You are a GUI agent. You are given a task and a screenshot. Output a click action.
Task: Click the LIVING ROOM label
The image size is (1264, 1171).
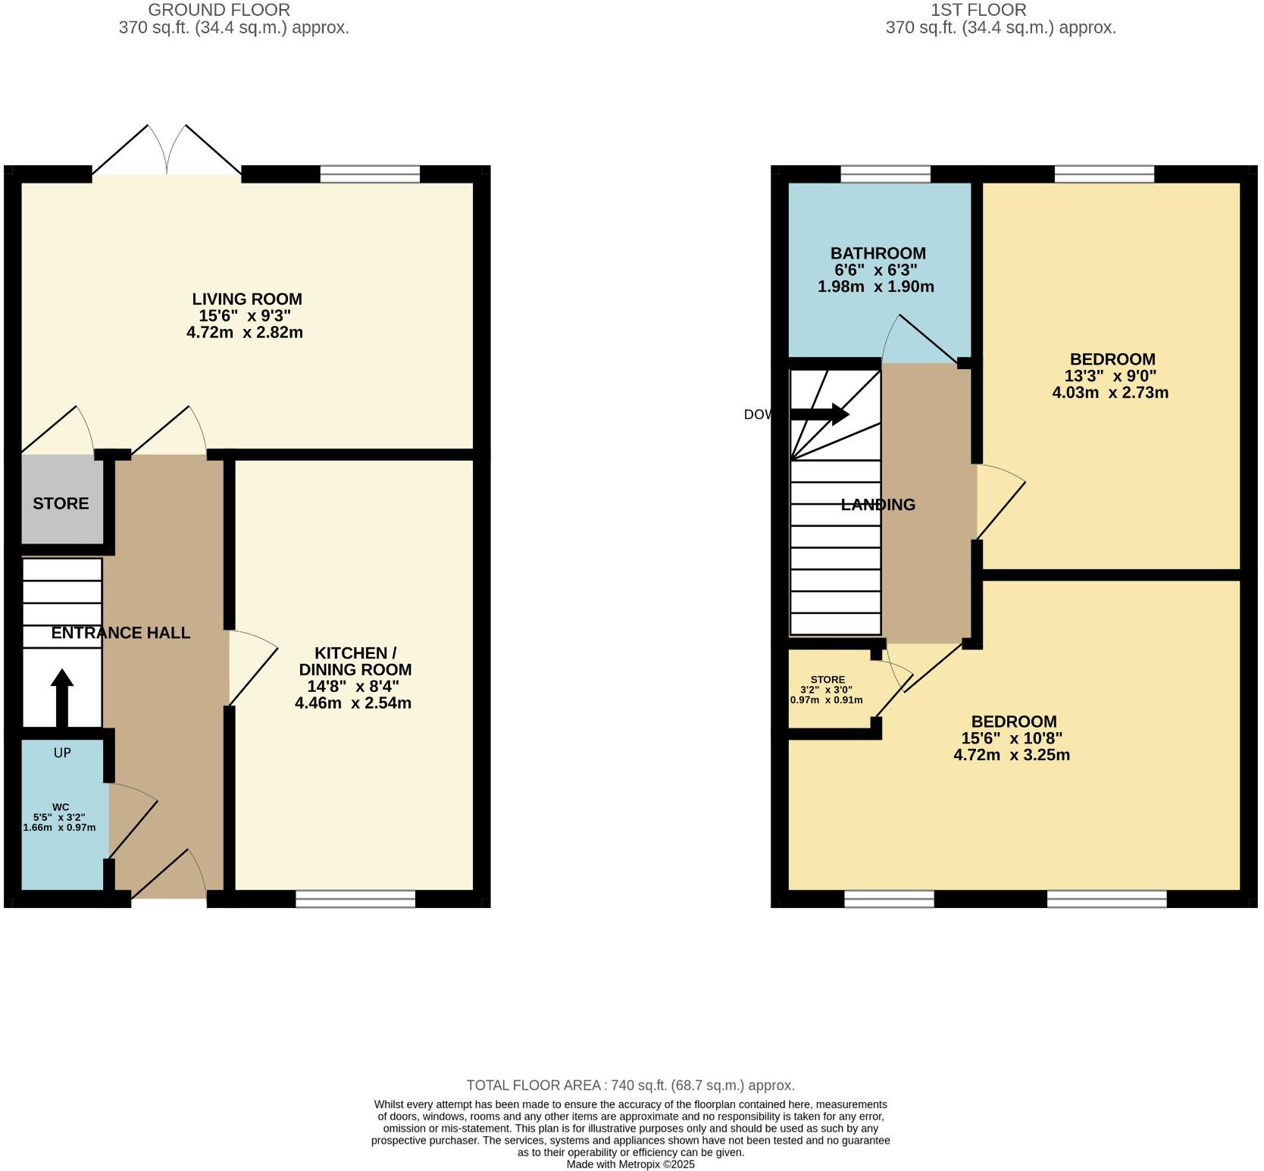pos(246,299)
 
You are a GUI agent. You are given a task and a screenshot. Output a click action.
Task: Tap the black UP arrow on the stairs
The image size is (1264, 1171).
pos(62,697)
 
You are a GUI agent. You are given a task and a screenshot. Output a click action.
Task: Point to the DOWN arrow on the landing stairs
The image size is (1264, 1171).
pos(818,414)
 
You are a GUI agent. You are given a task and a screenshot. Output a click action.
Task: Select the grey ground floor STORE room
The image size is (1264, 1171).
pos(61,503)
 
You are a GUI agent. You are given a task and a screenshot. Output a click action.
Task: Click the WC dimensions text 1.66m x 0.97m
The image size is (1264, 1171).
pos(60,828)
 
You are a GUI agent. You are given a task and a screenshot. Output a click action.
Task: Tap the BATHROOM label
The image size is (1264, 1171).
pos(878,253)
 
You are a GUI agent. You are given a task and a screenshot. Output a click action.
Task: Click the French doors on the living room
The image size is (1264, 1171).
pos(167,152)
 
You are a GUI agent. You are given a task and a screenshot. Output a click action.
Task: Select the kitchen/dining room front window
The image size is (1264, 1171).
pos(355,899)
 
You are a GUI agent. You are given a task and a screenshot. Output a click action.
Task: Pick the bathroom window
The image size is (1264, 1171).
pos(885,174)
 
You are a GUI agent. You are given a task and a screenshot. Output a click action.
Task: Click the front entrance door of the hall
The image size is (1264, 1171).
pos(169,879)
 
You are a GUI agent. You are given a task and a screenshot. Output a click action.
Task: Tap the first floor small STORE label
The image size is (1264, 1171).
pos(827,680)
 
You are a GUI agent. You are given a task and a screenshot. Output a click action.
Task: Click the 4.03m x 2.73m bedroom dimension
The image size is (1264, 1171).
pos(1110,393)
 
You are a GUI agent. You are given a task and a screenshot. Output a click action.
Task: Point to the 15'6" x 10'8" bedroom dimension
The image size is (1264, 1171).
pos(1012,738)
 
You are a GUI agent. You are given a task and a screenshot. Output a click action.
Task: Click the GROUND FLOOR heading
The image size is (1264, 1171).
pos(218,10)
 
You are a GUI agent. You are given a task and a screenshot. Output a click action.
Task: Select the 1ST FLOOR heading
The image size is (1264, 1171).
pos(978,10)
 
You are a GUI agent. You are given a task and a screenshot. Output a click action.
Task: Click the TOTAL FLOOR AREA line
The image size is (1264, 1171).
pos(630,1085)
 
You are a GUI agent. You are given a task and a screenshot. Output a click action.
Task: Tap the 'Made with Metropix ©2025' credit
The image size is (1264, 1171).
pos(630,1164)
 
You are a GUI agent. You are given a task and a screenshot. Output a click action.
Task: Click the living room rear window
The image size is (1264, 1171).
pos(370,174)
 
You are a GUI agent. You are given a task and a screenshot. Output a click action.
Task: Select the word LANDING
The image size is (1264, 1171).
pos(878,505)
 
